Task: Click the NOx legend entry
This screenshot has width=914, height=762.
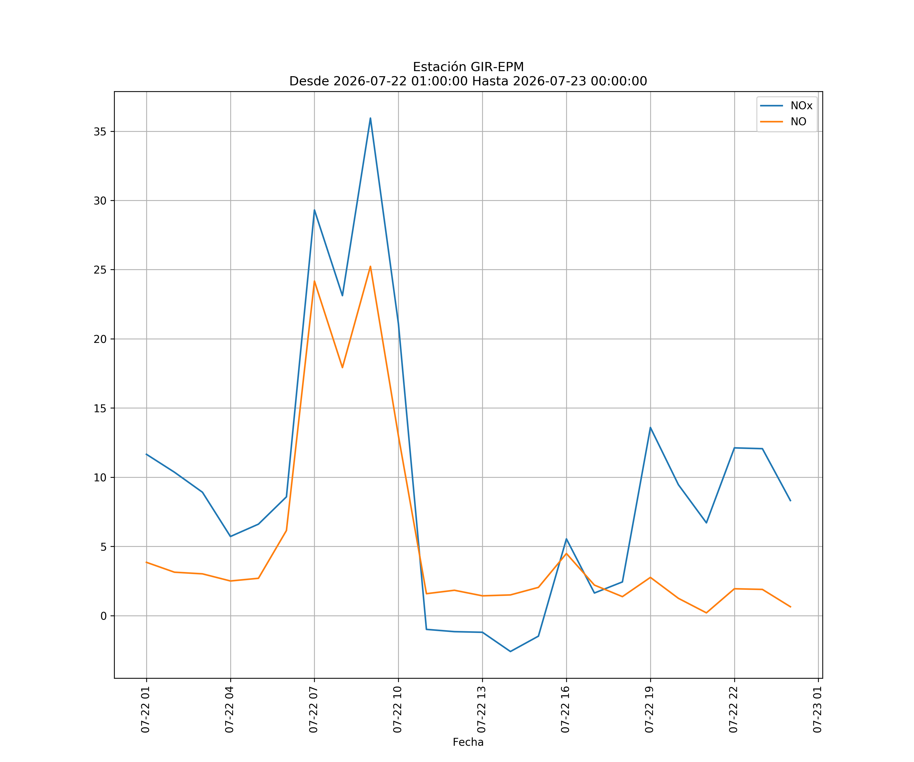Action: (x=786, y=106)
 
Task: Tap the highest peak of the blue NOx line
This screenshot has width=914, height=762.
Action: (x=370, y=118)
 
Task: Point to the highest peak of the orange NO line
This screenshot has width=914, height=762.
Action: (x=370, y=266)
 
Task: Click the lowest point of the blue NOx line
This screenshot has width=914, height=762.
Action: (x=511, y=652)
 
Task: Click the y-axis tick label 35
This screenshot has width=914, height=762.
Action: (x=100, y=132)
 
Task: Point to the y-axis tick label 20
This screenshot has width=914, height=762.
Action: (x=100, y=339)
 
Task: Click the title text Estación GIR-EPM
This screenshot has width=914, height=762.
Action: (x=468, y=67)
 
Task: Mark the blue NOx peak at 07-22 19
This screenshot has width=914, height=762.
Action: (x=650, y=427)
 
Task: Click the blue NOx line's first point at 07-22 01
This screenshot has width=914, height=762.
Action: (x=146, y=454)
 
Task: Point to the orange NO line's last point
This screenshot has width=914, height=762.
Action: (x=790, y=607)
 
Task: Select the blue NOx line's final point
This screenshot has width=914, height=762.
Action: (x=790, y=501)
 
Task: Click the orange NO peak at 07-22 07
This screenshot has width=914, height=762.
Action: (x=314, y=281)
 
